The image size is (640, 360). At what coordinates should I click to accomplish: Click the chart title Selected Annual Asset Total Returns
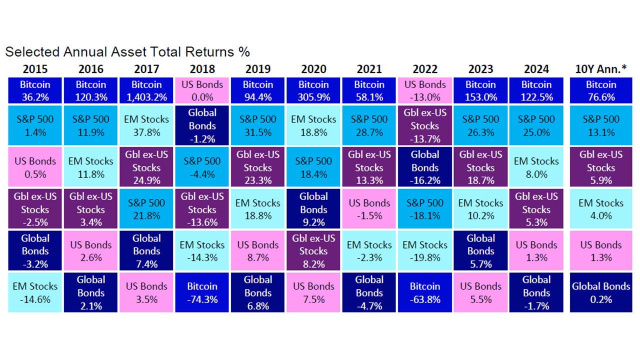127,52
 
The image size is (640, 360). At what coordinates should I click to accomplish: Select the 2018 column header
202,69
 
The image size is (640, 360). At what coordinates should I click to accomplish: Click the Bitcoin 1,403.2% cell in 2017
146,90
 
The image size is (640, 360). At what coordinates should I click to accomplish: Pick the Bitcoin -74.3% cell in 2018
202,292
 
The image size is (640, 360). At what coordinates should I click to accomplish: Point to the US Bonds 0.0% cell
202,90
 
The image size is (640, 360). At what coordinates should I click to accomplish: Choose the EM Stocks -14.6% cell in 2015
35,292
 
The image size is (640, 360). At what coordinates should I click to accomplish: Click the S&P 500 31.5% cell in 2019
257,125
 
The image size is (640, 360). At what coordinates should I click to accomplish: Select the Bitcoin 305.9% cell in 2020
313,90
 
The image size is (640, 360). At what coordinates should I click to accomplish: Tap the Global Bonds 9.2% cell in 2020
313,209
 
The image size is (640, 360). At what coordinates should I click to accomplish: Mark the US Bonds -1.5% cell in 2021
369,209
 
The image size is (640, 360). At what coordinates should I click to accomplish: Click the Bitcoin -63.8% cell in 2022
425,292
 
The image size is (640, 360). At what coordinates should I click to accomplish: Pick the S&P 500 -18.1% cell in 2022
425,209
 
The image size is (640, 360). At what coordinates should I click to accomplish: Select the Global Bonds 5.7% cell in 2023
480,251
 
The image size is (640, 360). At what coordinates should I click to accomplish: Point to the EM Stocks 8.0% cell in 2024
536,167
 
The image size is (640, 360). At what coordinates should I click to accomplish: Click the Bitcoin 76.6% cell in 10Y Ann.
601,90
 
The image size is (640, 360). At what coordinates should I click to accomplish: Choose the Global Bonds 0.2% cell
601,292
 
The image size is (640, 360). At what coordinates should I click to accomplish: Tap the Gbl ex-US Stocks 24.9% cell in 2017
146,167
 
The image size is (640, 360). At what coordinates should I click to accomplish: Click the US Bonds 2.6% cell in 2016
90,251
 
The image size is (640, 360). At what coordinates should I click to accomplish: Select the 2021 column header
369,69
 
